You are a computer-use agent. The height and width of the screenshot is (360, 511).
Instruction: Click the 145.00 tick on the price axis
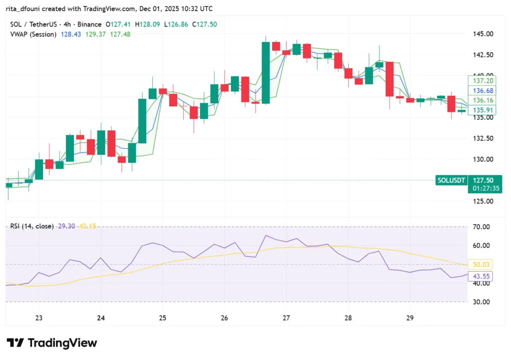(x=483, y=34)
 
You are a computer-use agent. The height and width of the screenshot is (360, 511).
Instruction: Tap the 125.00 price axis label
(x=483, y=201)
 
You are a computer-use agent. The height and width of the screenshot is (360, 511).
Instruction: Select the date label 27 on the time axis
(x=286, y=318)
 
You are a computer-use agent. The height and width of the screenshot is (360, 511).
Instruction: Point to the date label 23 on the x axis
(x=39, y=318)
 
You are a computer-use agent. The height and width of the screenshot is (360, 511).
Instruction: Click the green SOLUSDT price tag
(x=451, y=180)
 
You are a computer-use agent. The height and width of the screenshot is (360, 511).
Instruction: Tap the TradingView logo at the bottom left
(x=52, y=343)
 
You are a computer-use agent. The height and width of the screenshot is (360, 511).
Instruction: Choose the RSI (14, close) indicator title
(x=32, y=226)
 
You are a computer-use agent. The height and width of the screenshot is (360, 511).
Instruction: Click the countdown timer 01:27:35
(x=485, y=189)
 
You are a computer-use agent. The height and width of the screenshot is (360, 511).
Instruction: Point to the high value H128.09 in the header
(x=144, y=24)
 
